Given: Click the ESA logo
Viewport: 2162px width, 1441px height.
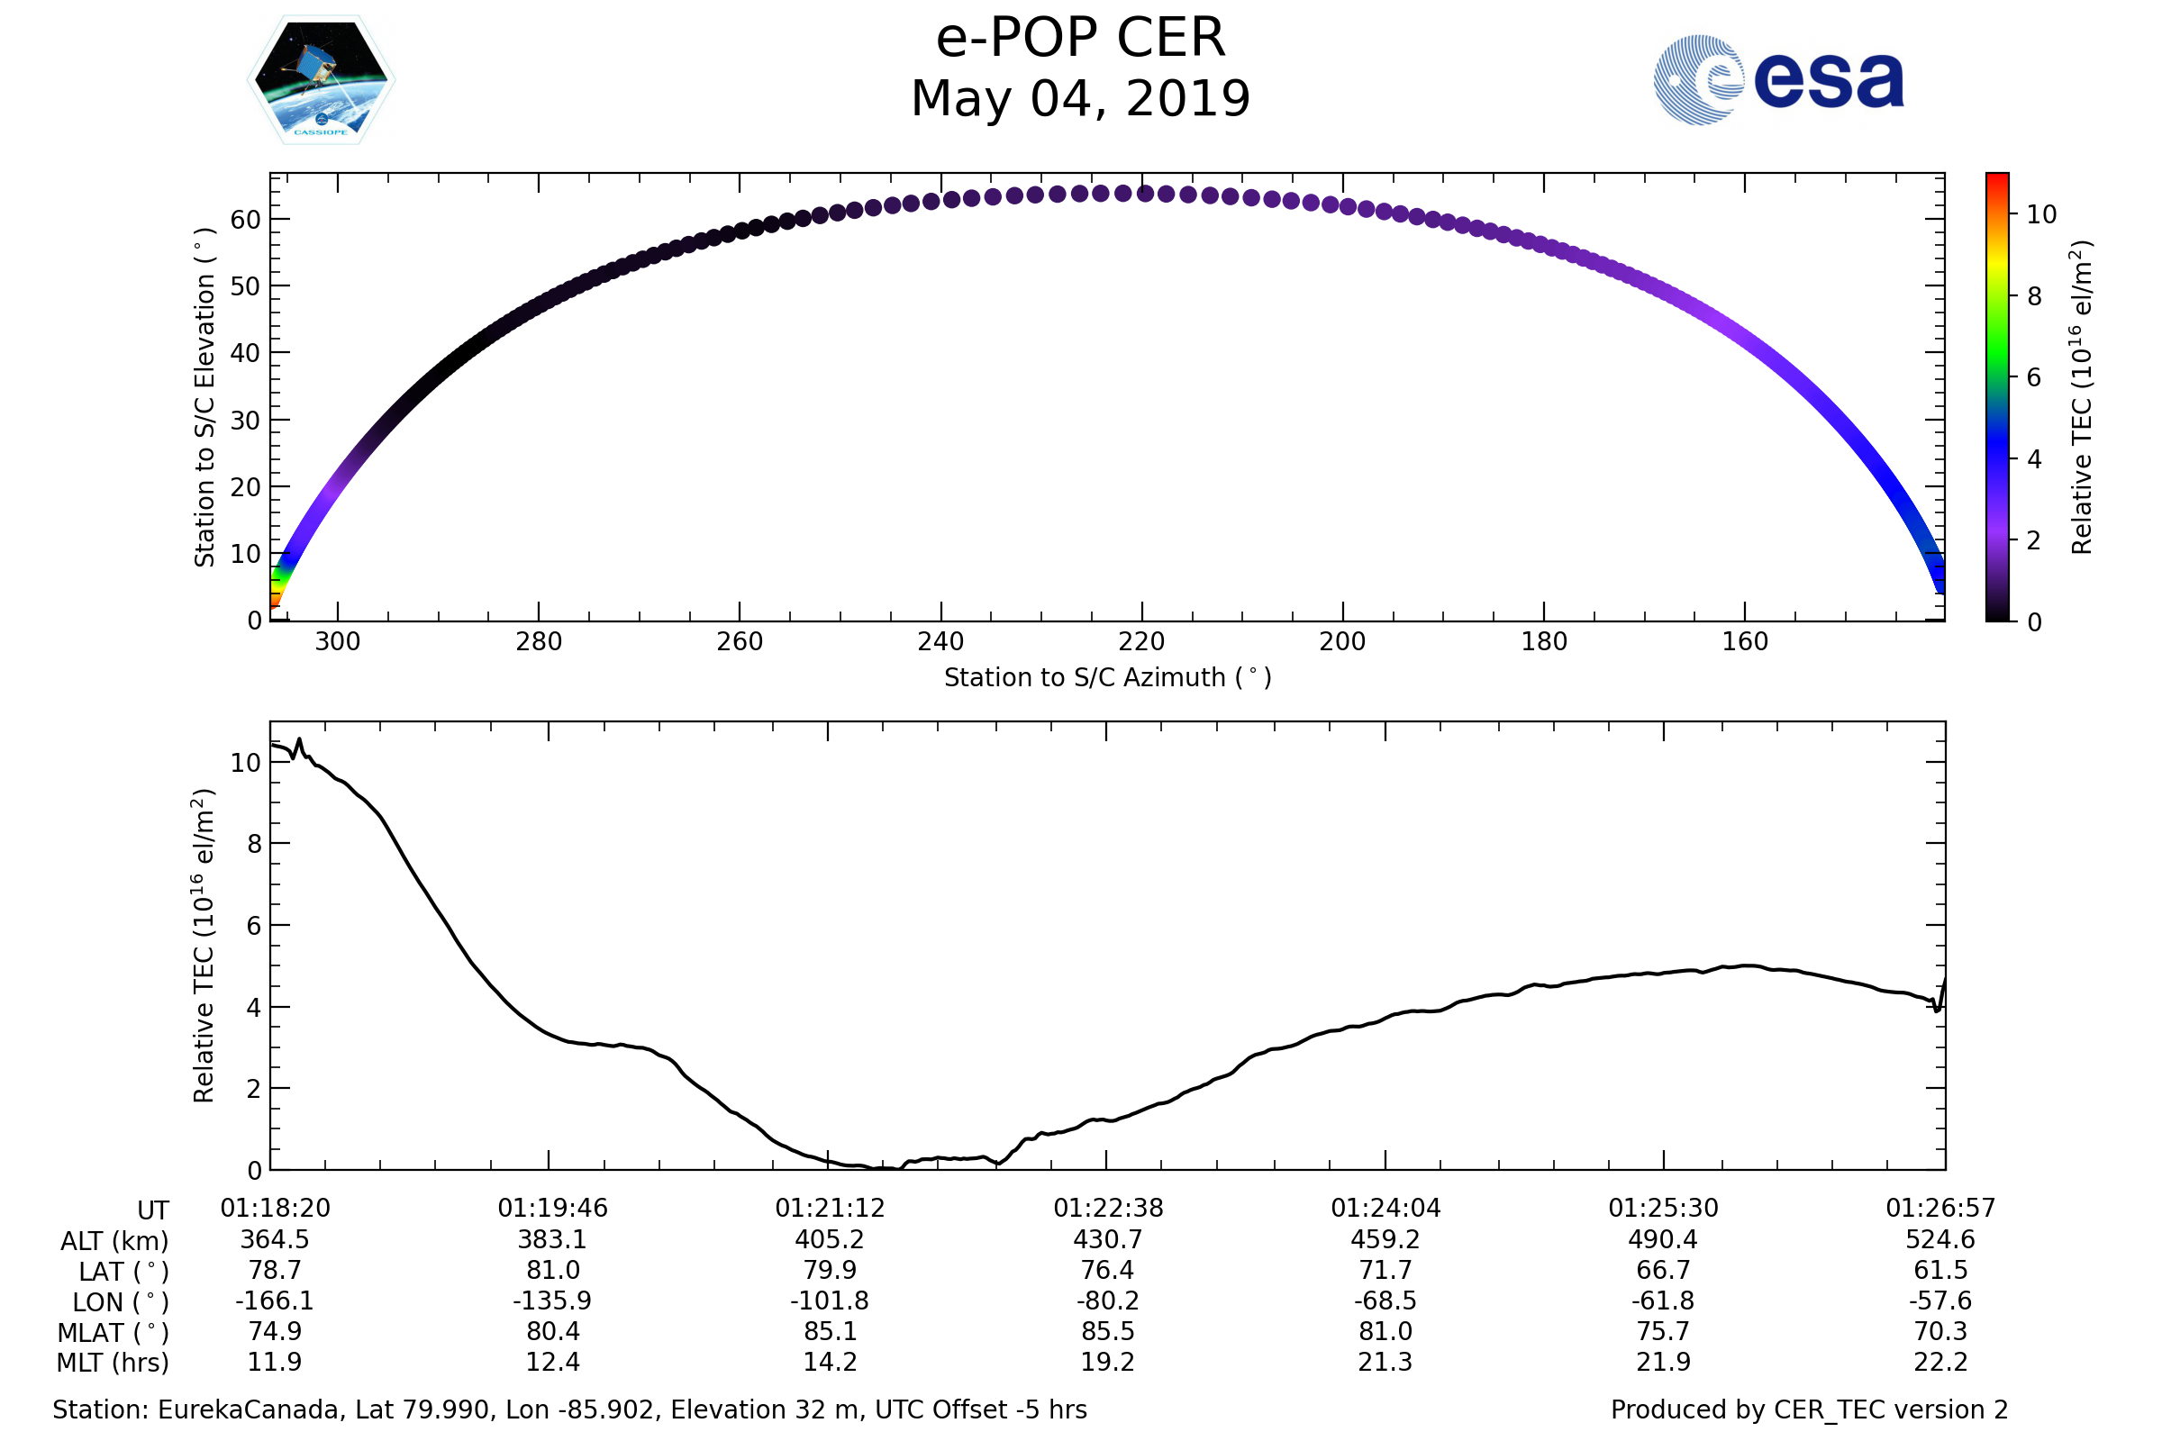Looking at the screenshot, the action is coord(1777,80).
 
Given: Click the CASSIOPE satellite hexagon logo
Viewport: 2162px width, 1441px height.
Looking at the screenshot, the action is coord(321,80).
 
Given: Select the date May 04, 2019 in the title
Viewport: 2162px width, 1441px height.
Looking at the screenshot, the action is coord(1080,98).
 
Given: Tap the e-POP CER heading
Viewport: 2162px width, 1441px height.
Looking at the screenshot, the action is coord(1080,38).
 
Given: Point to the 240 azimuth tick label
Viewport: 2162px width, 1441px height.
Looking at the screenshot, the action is coord(940,641).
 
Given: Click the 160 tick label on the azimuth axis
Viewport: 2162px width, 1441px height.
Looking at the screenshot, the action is coord(1745,641).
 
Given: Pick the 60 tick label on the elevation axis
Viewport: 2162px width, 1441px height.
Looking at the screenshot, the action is coord(245,220).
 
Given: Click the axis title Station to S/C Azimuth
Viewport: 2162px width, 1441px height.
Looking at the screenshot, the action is coord(1107,678).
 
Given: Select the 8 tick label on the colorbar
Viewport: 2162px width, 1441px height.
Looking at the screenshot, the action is coord(2034,296).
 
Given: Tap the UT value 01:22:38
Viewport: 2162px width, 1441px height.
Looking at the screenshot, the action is coord(1108,1209).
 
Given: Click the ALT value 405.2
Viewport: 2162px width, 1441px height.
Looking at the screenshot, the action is coord(829,1240).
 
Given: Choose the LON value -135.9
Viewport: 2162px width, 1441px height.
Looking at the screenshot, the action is coord(551,1301).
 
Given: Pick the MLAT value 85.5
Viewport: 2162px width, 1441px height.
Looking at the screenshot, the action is coord(1108,1332).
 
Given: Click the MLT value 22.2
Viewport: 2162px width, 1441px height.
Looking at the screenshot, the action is coord(1940,1362).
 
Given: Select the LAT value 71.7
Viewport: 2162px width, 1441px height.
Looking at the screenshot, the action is coord(1385,1270).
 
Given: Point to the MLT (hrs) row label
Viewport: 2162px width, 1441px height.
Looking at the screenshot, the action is coord(114,1363).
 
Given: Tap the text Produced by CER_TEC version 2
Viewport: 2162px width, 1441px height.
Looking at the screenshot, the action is coord(1809,1410).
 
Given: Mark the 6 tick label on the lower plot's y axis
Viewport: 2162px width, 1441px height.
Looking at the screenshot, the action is coord(254,926).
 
